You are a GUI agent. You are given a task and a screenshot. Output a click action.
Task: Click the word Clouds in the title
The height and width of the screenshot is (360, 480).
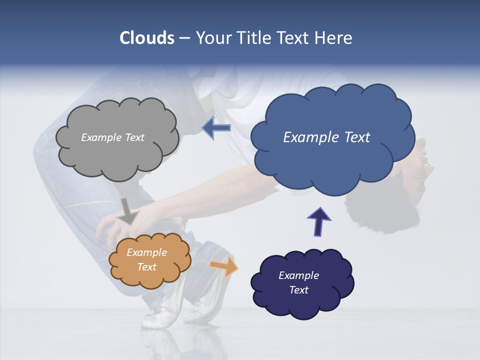pyautogui.click(x=146, y=38)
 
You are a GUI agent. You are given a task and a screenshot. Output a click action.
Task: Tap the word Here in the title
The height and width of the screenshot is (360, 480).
pyautogui.click(x=334, y=38)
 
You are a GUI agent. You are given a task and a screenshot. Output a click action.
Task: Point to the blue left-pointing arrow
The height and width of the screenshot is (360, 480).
pyautogui.click(x=216, y=128)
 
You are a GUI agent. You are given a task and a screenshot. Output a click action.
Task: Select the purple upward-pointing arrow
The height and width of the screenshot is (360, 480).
pyautogui.click(x=318, y=221)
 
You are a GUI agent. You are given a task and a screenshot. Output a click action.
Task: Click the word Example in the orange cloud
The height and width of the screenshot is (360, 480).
pyautogui.click(x=146, y=252)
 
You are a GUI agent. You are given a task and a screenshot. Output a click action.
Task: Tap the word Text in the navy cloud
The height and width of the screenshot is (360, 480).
pyautogui.click(x=298, y=290)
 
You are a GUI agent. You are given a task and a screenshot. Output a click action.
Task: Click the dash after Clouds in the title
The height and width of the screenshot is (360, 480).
pyautogui.click(x=184, y=38)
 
